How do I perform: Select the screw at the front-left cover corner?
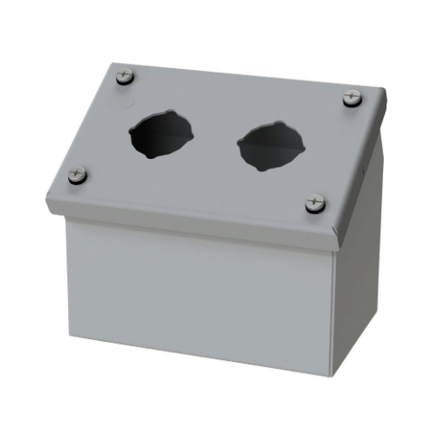coord(77,175)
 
